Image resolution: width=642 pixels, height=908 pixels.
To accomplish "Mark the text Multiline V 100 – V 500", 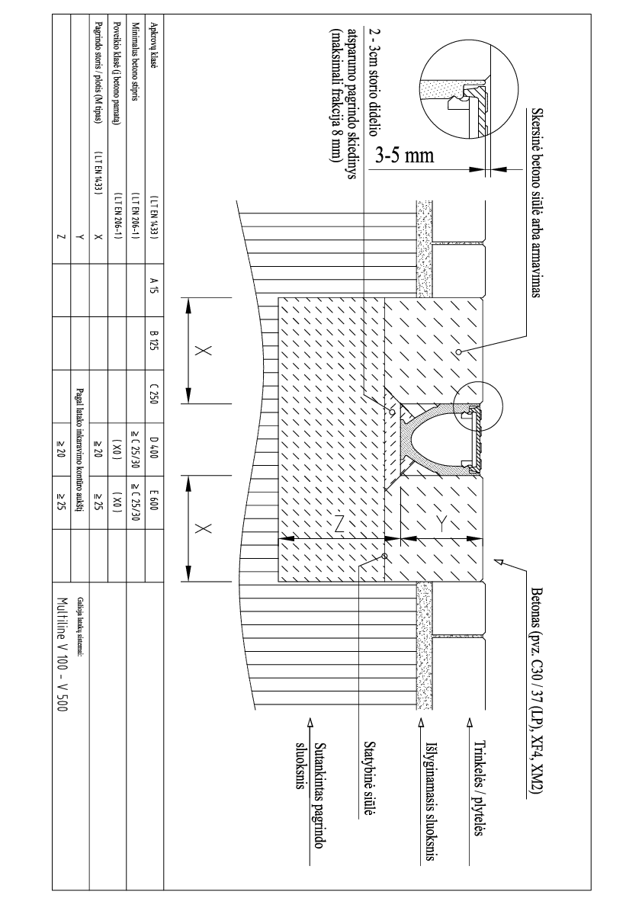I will coord(63,655).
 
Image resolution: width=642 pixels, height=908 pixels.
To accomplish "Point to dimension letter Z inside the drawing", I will coord(340,525).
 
